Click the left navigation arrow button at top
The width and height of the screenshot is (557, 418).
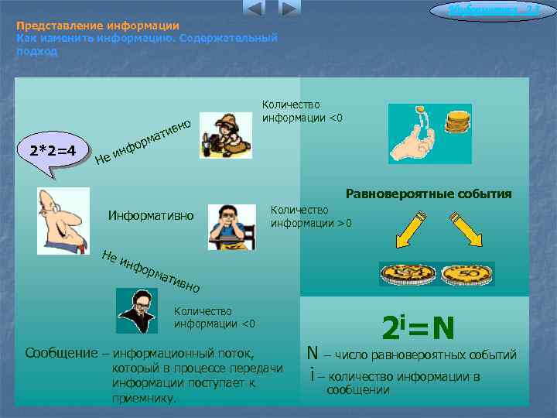tap(254, 9)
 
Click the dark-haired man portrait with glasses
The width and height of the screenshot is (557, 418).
tap(137, 310)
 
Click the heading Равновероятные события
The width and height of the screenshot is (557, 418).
tap(429, 194)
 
